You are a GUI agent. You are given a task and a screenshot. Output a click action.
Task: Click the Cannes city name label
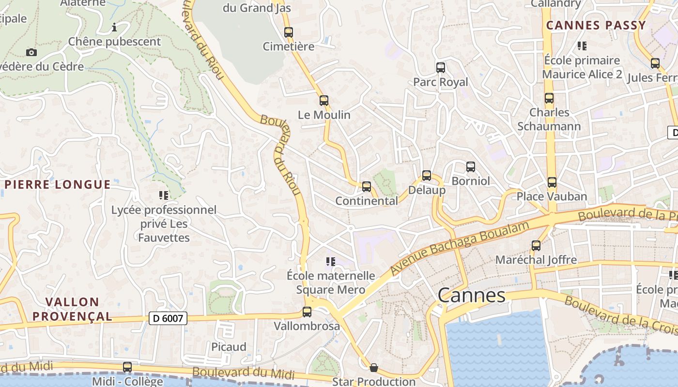click(x=472, y=295)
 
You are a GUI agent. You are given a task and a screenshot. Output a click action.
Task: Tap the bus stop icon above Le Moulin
click(x=324, y=101)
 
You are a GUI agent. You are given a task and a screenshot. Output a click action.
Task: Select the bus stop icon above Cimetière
click(x=289, y=32)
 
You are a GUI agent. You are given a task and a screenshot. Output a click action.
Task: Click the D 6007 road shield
click(x=168, y=318)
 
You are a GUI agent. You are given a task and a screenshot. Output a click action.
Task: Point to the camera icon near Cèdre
click(x=31, y=52)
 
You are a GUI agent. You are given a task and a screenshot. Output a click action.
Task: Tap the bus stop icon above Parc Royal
click(x=441, y=68)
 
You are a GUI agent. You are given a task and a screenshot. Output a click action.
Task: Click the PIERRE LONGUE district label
click(x=58, y=184)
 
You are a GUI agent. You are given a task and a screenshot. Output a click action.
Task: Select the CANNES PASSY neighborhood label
click(x=596, y=25)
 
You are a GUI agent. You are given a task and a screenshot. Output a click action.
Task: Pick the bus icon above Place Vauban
click(x=552, y=182)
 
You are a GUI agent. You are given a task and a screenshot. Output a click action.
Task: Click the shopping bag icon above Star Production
click(x=374, y=368)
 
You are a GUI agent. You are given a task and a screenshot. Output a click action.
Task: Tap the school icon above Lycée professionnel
click(x=164, y=195)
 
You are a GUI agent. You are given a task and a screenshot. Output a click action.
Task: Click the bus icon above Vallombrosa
click(x=307, y=312)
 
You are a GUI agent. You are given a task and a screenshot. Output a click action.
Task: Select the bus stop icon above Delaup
click(x=427, y=176)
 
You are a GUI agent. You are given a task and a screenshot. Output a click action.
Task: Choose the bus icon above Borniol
click(x=471, y=167)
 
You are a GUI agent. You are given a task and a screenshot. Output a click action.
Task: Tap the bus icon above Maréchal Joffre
click(x=536, y=246)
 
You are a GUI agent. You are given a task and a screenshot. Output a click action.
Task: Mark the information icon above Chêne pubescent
click(x=114, y=27)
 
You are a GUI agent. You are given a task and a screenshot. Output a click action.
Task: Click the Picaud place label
click(x=229, y=347)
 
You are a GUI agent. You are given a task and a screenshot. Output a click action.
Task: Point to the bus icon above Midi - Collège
click(x=127, y=367)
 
